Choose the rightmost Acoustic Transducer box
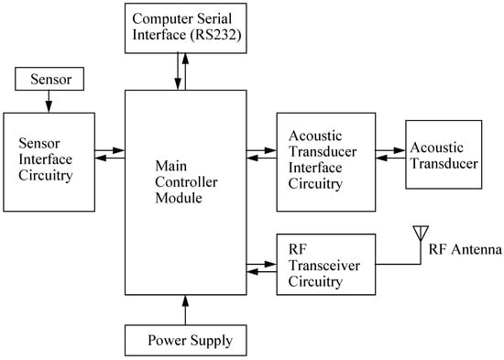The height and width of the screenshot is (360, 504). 444,154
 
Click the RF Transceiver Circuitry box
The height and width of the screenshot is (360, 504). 324,264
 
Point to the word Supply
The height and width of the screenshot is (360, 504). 210,343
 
